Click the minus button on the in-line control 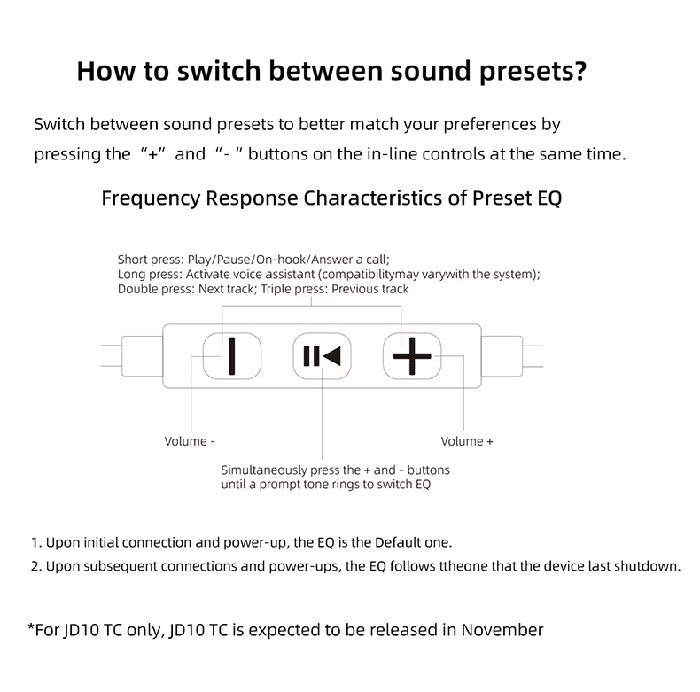tap(232, 356)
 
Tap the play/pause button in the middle tap(322, 356)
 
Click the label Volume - tap(190, 441)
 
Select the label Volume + tap(467, 441)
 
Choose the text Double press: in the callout tap(156, 289)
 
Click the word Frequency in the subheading tap(151, 197)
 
